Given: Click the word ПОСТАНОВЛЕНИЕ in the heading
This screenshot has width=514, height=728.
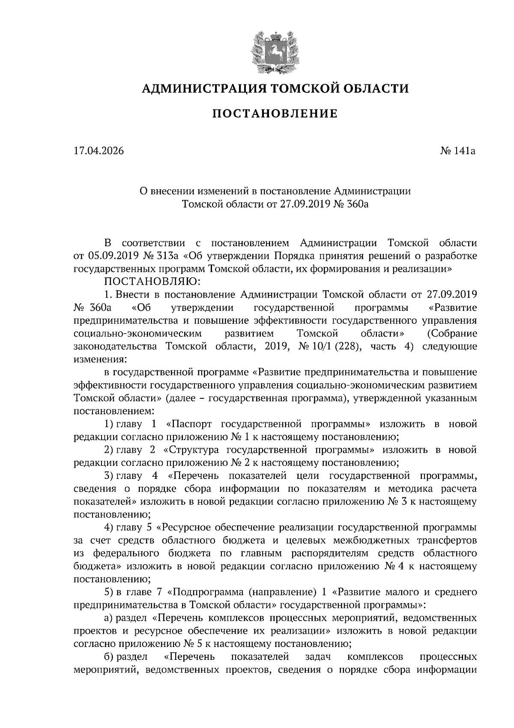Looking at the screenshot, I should (x=275, y=114).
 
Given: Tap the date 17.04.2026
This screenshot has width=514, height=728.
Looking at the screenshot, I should (x=99, y=151).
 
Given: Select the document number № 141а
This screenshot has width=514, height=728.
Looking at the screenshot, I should (x=458, y=151).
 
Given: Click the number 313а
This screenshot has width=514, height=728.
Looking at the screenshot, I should (x=167, y=256).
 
